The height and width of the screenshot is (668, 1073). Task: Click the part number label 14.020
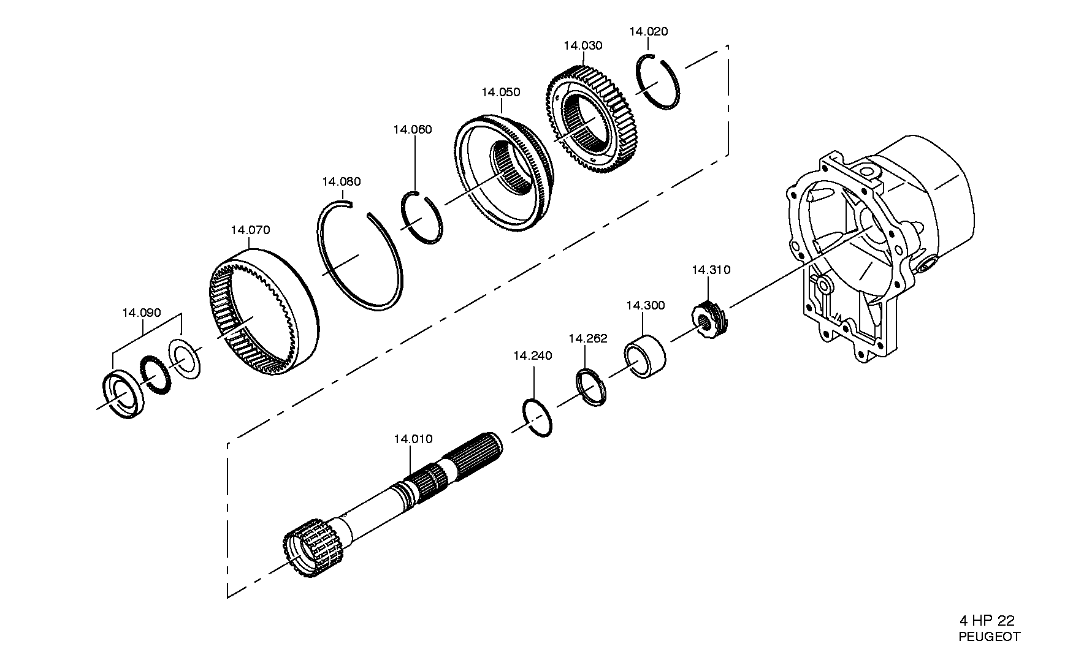click(x=648, y=31)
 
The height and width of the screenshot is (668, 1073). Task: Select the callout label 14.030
click(x=582, y=45)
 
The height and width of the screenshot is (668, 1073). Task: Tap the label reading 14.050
click(x=500, y=92)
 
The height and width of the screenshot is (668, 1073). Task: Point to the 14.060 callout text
click(x=412, y=129)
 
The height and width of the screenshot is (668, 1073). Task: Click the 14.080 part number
click(x=341, y=181)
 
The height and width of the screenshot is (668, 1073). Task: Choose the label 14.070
click(x=250, y=230)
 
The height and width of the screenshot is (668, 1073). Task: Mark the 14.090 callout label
click(x=141, y=313)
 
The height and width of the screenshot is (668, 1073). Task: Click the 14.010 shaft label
click(x=413, y=439)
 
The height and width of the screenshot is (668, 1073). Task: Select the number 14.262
click(x=588, y=338)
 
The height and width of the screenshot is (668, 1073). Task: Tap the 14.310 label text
click(x=711, y=270)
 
